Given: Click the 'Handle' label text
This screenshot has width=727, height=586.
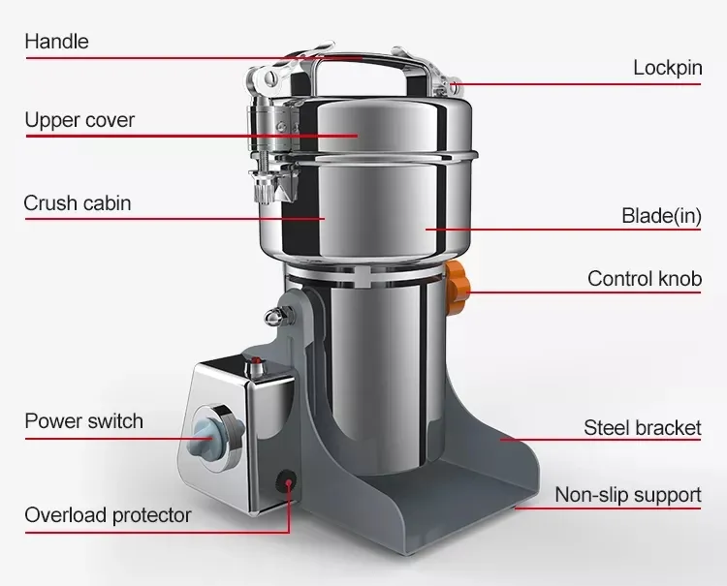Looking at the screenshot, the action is (56, 42).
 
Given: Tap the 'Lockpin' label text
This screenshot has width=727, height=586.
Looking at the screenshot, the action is (668, 68).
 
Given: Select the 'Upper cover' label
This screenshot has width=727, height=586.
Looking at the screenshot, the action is (79, 120).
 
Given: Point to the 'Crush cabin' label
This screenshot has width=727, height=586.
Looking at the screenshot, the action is (78, 202).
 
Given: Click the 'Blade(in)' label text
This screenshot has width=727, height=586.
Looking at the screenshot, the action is (661, 216).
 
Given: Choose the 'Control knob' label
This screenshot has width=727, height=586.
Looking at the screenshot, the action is (645, 279).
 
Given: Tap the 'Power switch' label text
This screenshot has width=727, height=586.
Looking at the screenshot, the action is (84, 421).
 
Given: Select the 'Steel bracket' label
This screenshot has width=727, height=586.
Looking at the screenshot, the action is (642, 427).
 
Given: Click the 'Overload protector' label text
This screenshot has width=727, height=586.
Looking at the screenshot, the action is (108, 515).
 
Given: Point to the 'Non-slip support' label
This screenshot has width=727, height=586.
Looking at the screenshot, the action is (628, 495).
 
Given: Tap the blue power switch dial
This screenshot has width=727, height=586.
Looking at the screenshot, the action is (211, 432).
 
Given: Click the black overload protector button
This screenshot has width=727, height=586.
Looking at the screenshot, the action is (287, 480).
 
